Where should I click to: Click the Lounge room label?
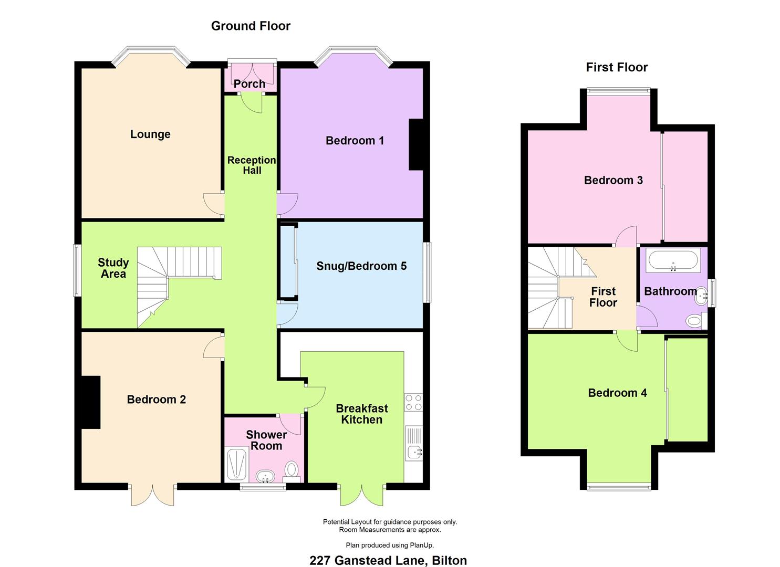click(150, 134)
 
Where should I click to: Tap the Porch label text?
click(249, 84)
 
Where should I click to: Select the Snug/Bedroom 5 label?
click(361, 266)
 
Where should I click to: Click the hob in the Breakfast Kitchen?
click(414, 402)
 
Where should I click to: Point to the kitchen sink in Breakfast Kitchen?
click(414, 443)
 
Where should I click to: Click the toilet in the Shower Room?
click(292, 471)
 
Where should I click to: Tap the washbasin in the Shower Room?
click(266, 477)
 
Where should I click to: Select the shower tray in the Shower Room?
click(237, 465)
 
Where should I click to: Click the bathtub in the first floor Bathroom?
click(673, 260)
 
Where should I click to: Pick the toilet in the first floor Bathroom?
click(696, 320)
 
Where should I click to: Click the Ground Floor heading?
click(251, 26)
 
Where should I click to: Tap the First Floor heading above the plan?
click(617, 67)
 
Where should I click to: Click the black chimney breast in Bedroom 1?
click(416, 145)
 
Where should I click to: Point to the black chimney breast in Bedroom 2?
click(91, 402)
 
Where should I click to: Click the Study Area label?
click(113, 268)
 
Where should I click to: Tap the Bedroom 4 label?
click(617, 393)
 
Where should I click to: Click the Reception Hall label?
click(252, 165)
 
